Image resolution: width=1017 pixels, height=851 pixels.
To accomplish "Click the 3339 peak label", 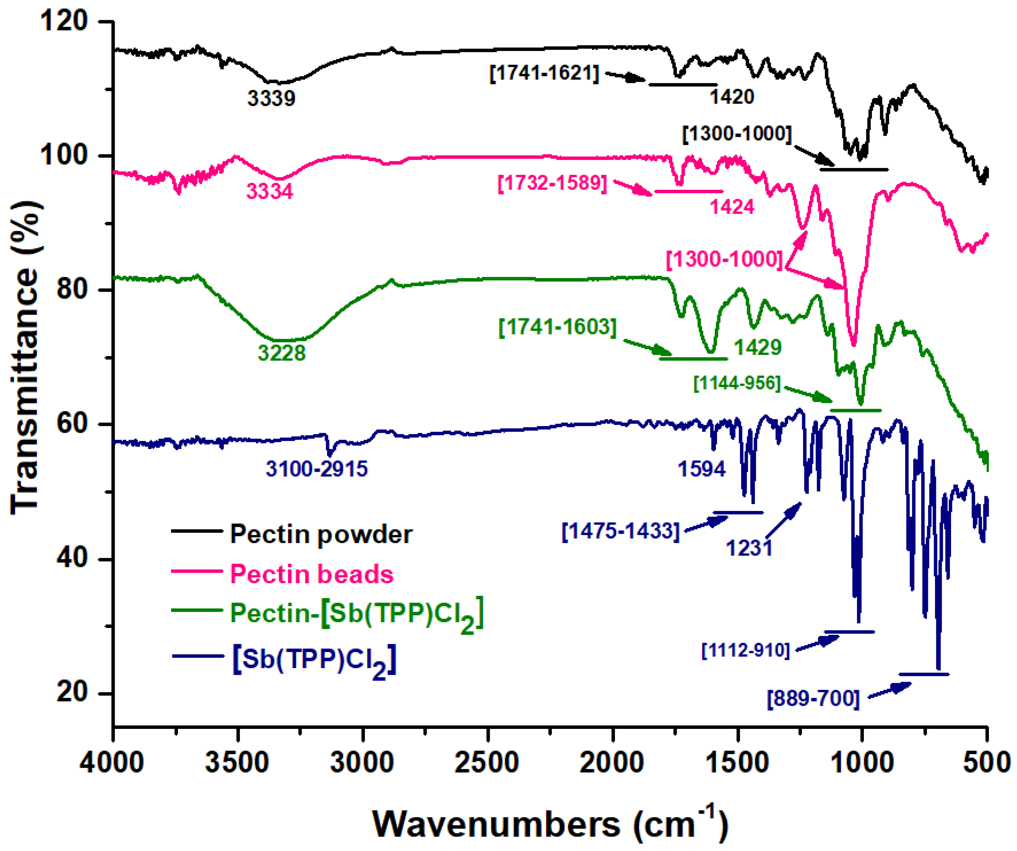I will tap(271, 98).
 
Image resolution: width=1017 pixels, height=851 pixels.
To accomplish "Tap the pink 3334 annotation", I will tap(270, 191).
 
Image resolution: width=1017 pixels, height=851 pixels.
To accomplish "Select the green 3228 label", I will tap(282, 352).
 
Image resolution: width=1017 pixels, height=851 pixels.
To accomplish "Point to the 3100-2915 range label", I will tap(317, 469).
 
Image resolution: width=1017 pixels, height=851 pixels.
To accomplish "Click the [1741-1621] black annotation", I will tap(544, 73).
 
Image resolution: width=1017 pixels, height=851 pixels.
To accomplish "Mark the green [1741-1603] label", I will tap(557, 327).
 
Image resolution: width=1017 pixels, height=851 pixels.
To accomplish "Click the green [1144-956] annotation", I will tap(737, 383).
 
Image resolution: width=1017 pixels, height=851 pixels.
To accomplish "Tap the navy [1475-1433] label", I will tap(620, 531).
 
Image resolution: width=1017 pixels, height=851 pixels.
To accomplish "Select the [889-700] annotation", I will tap(813, 699).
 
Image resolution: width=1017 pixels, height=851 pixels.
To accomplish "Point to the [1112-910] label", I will tap(746, 650).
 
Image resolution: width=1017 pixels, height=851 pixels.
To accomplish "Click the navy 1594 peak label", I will tap(702, 469).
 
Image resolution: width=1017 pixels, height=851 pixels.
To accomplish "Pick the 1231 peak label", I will tap(749, 548).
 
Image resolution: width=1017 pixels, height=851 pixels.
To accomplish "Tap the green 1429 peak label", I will tap(758, 347).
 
